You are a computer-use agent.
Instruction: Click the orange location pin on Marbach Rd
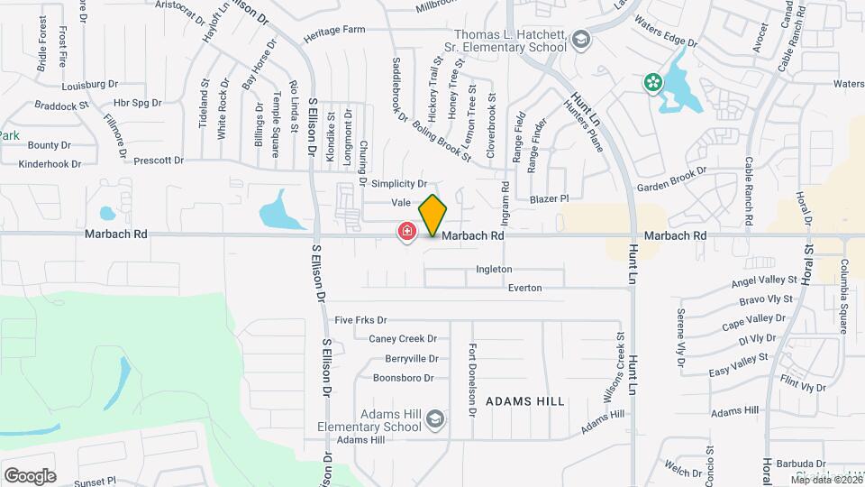point(432,215)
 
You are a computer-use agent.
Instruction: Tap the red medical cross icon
point(407,233)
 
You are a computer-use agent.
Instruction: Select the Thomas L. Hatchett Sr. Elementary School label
point(508,41)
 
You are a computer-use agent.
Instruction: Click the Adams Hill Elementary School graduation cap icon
point(435,418)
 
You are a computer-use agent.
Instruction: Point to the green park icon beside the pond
point(652,83)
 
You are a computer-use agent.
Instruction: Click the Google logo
point(30,475)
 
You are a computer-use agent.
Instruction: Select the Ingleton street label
point(494,270)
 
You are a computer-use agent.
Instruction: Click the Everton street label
point(524,288)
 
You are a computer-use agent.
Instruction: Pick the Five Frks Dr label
point(360,320)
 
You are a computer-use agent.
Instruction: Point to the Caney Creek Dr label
point(403,339)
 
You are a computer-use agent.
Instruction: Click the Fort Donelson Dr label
point(471,380)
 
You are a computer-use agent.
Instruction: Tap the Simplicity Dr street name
point(392,183)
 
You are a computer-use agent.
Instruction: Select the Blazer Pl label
point(550,198)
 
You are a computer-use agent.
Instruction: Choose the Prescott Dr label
point(158,161)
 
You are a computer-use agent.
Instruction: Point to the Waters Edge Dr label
point(666,31)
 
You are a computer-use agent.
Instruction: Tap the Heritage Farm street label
point(334,30)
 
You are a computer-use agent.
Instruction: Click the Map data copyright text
point(824,479)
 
